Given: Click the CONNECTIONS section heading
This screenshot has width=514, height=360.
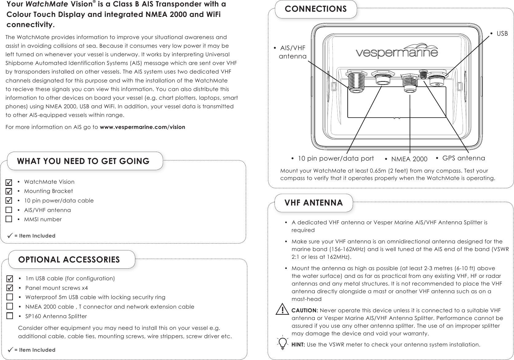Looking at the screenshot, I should click(x=316, y=9).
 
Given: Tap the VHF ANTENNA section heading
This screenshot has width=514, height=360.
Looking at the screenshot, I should click(x=314, y=203).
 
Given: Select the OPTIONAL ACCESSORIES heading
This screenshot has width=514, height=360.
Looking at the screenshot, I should click(x=69, y=260).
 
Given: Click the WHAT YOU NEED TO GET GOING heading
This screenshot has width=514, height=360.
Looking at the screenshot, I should click(x=83, y=161).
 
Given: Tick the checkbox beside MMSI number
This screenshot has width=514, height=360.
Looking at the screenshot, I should click(x=9, y=219).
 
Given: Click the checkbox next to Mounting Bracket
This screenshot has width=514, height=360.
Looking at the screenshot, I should click(x=9, y=191).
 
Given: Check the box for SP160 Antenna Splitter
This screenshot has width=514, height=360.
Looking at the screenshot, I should click(x=10, y=316).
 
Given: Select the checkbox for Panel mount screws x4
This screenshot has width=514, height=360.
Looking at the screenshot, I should click(x=10, y=288).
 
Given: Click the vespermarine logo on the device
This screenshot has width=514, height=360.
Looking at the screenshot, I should click(x=397, y=53).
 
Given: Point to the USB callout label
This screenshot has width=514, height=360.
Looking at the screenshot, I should click(x=502, y=33).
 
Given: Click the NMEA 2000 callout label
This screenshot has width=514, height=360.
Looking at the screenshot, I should click(x=409, y=159).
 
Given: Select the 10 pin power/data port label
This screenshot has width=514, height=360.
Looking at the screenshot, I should click(x=336, y=158).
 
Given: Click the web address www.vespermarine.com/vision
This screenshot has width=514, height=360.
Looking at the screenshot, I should click(x=143, y=127).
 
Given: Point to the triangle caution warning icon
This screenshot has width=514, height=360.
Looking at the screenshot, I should click(x=282, y=309).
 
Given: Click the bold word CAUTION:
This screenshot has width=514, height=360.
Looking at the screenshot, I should click(x=305, y=310).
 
